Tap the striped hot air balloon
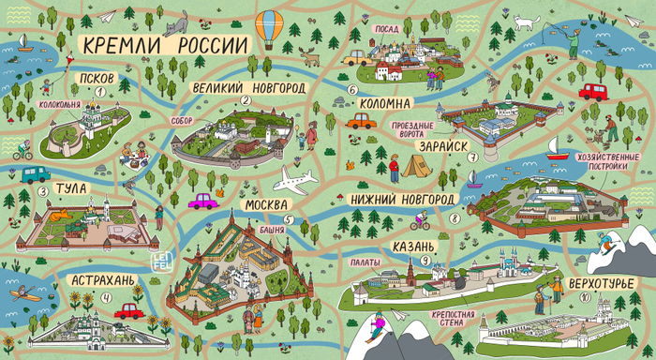click(x=270, y=28)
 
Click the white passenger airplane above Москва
click(x=299, y=179)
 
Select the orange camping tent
click(x=417, y=166)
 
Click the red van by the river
click(x=592, y=91)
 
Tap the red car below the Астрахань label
click(x=128, y=309)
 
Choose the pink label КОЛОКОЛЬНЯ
click(x=57, y=106)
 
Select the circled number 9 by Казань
click(x=426, y=261)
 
